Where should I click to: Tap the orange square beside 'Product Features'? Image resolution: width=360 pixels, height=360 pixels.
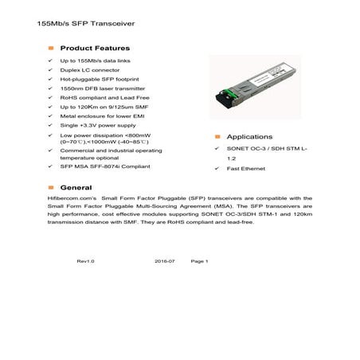click(x=51, y=48)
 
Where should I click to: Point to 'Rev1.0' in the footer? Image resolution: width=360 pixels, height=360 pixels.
click(x=85, y=260)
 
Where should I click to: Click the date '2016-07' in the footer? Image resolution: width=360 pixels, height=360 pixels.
click(x=164, y=260)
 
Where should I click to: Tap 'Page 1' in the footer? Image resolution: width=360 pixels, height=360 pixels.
click(x=199, y=260)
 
